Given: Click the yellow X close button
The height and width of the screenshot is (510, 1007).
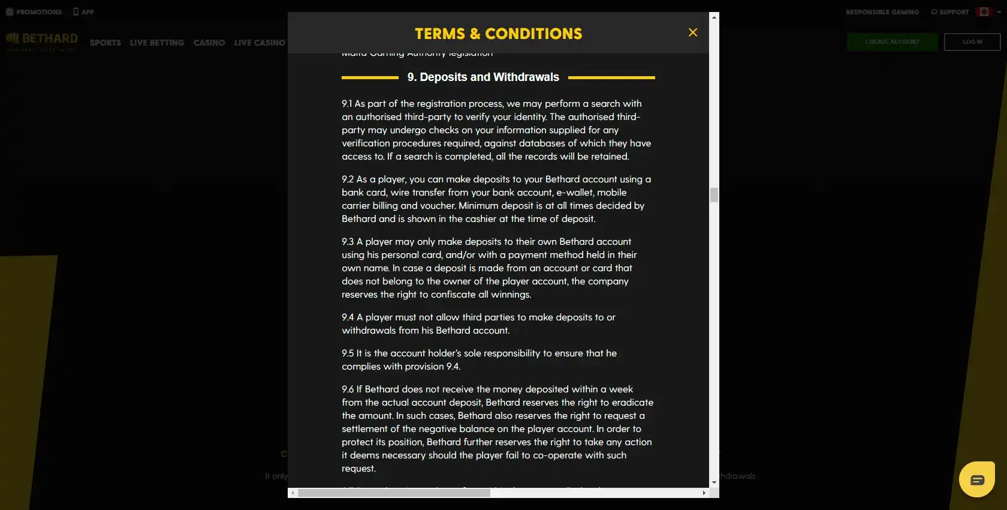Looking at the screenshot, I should click(x=693, y=32).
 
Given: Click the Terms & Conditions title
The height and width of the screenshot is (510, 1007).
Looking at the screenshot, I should click(x=498, y=34).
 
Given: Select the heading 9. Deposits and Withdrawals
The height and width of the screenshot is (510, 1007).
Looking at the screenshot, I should click(x=483, y=77).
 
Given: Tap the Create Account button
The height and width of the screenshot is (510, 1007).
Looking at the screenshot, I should click(x=892, y=42).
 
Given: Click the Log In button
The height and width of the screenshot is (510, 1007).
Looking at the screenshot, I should click(x=972, y=42).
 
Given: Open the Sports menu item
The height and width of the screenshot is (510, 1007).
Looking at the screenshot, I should click(x=105, y=43).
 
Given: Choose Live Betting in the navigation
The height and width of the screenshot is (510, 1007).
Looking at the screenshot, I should click(x=157, y=43).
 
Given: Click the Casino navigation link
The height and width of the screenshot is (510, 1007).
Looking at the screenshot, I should click(x=209, y=43).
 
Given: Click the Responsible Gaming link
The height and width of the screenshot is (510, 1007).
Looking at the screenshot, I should click(x=882, y=12).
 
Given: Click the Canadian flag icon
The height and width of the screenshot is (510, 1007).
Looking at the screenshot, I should click(x=984, y=12).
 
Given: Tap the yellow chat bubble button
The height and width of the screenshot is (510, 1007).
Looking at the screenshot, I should click(x=977, y=479).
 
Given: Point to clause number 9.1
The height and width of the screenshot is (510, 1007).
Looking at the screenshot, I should click(x=347, y=104).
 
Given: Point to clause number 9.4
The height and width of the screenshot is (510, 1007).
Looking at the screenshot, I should click(x=348, y=317).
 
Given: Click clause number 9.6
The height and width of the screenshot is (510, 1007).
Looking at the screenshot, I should click(x=348, y=389).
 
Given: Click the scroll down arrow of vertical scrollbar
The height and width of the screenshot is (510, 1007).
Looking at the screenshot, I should click(x=714, y=482).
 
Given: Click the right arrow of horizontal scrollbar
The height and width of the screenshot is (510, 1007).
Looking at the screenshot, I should click(x=704, y=493).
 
